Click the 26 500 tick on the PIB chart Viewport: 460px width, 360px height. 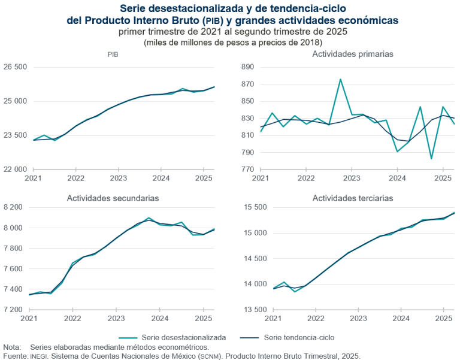(16, 67)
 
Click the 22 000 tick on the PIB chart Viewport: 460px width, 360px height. (16, 170)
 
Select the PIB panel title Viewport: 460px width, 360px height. (113, 55)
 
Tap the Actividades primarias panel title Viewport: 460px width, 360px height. (352, 54)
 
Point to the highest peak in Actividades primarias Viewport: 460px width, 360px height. (340, 79)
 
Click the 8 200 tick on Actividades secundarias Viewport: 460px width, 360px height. (13, 207)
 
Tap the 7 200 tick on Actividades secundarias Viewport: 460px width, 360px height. (13, 310)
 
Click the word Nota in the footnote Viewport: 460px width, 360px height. (11, 347)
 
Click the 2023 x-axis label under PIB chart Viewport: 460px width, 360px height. (118, 179)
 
